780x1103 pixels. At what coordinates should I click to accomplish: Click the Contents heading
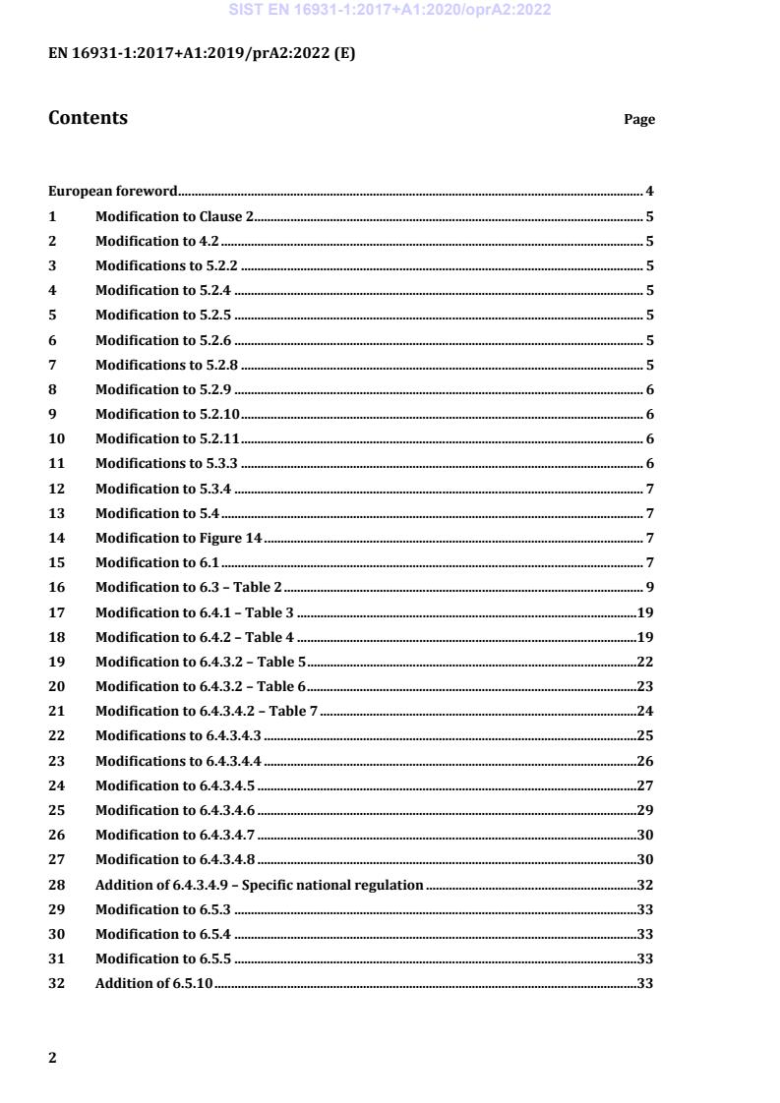[88, 118]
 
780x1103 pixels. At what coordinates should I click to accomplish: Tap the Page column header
[639, 120]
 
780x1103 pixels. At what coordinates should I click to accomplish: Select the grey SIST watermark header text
[390, 11]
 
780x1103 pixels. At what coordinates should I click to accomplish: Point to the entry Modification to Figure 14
[178, 538]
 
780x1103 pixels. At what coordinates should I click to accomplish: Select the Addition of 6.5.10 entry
[153, 983]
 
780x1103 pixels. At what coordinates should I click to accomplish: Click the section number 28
[56, 885]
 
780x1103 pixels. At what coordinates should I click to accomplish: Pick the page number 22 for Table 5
[645, 662]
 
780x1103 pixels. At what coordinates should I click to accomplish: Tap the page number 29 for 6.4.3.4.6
[645, 810]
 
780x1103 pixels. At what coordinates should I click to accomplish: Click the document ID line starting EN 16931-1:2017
[202, 54]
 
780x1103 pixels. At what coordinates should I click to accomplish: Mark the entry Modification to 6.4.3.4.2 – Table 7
[207, 711]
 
